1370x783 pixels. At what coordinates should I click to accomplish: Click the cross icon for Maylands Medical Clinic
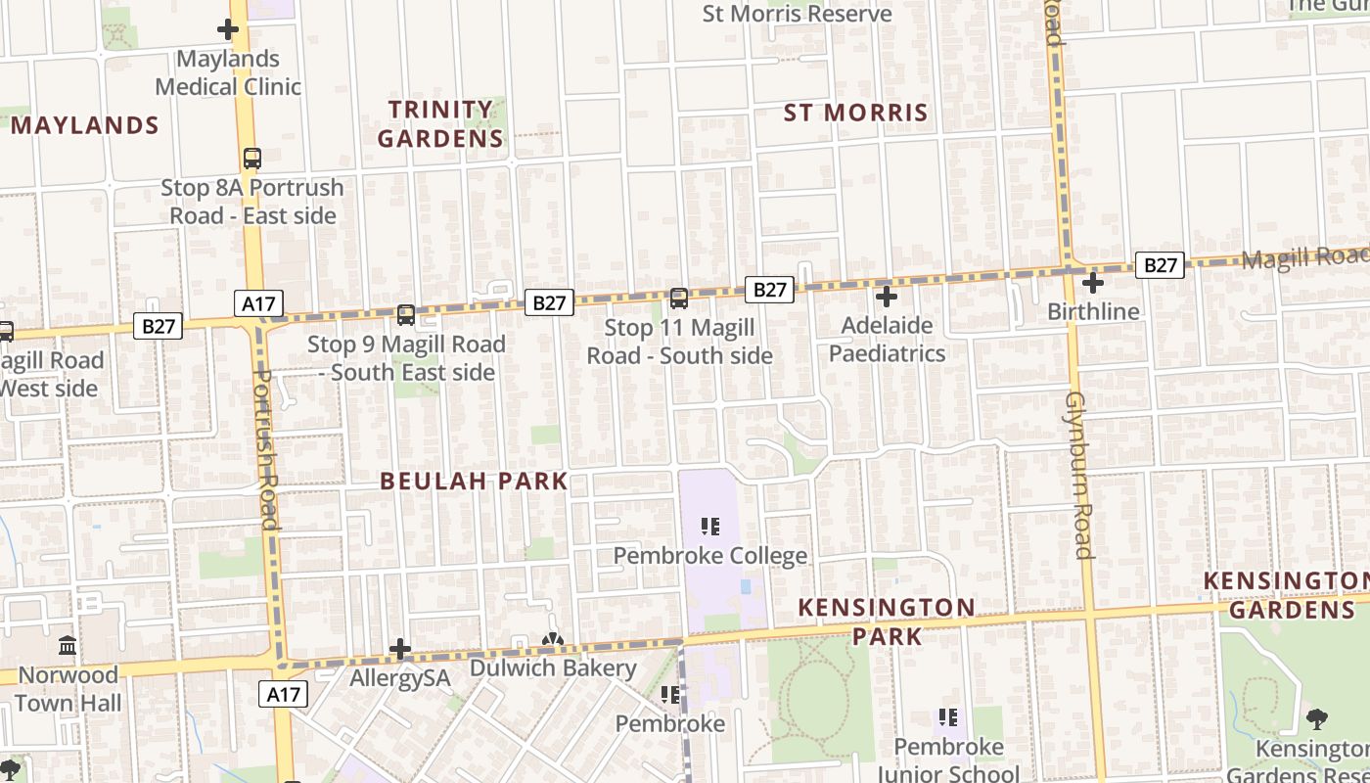228,29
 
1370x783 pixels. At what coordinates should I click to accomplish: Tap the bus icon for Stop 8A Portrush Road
252,158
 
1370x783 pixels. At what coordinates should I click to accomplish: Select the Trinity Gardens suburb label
440,123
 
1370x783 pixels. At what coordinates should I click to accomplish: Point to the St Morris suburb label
856,113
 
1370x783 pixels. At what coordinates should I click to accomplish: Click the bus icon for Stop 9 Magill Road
406,314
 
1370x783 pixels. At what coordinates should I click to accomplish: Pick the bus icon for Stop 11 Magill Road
678,298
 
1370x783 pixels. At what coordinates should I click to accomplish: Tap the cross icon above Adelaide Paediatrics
887,296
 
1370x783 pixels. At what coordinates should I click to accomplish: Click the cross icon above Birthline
1093,283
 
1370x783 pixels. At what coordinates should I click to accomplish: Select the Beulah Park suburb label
474,481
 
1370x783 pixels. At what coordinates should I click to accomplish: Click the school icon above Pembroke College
710,527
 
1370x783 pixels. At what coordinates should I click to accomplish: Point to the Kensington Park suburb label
887,622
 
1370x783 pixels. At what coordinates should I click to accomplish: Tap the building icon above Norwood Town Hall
68,646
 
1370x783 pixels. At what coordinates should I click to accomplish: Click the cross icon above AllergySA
400,649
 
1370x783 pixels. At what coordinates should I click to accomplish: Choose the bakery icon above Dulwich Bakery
553,640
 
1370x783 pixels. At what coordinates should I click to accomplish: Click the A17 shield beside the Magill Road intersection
258,303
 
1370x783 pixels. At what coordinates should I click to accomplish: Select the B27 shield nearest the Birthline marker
1160,264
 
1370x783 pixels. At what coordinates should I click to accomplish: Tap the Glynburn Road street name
1078,475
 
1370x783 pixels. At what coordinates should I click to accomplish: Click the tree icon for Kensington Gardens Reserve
1317,719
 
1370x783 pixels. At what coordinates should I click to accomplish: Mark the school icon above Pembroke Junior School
947,717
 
